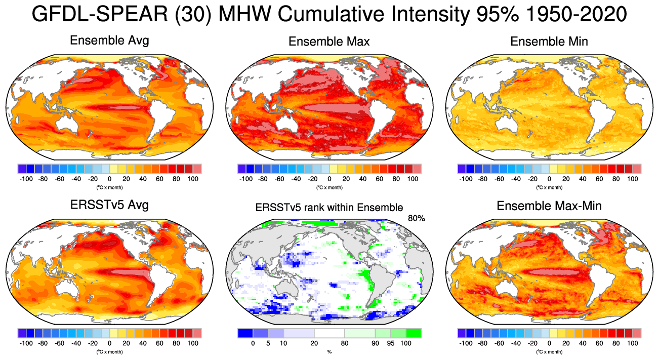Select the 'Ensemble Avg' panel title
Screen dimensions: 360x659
coord(109,41)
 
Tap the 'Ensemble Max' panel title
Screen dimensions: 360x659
coord(329,42)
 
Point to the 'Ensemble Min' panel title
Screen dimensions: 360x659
coord(549,42)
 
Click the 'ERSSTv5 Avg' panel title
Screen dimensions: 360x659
coord(109,206)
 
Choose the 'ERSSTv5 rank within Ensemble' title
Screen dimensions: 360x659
coord(329,207)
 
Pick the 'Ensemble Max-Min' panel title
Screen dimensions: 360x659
coord(549,206)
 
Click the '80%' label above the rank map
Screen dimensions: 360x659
coord(416,218)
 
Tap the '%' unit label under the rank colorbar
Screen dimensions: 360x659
coord(329,351)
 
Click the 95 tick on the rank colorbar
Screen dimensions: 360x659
coord(390,343)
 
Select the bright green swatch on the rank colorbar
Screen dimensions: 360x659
coord(413,333)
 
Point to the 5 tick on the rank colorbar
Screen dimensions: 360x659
coord(268,343)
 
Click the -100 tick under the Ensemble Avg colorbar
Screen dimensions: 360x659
coord(26,179)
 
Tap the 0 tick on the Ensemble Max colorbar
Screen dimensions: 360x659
coord(329,179)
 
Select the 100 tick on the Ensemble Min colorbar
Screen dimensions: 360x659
coord(633,179)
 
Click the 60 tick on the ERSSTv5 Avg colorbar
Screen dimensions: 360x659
coord(159,343)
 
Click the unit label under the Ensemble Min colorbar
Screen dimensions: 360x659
coord(549,187)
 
